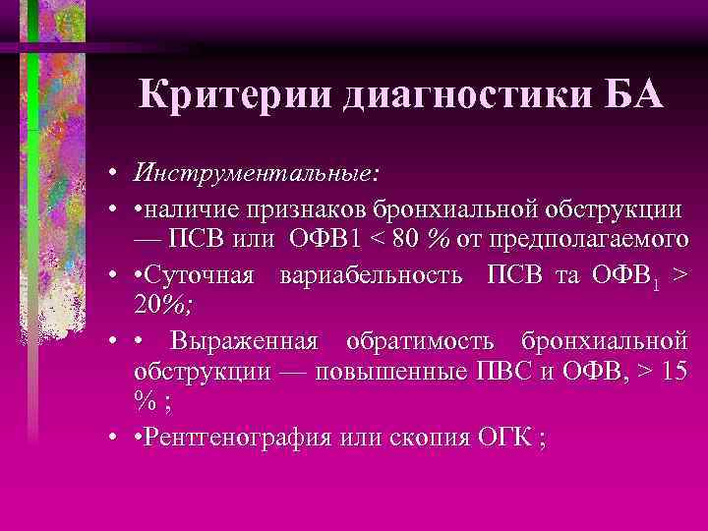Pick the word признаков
point(303,208)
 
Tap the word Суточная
point(202,272)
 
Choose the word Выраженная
point(244,341)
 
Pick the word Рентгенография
point(250,436)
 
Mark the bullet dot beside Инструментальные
point(113,173)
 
